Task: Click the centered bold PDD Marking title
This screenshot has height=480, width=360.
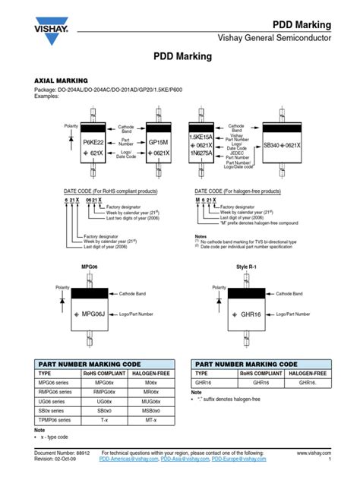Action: coord(179,58)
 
